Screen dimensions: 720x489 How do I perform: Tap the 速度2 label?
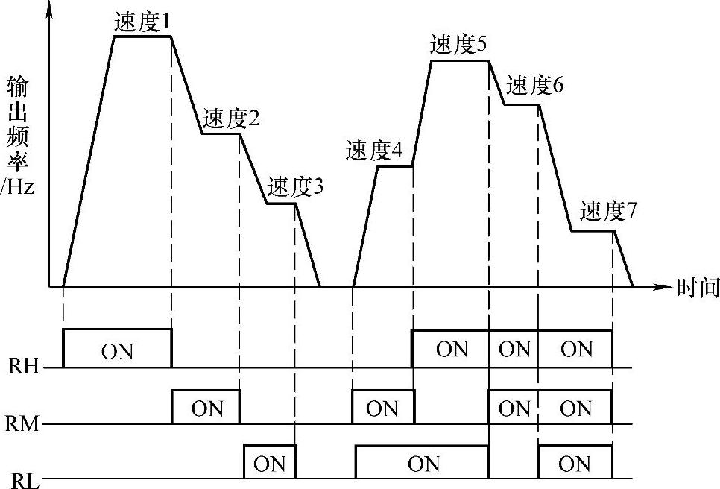[231, 118]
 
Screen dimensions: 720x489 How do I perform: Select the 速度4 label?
[374, 151]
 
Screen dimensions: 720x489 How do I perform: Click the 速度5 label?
[459, 45]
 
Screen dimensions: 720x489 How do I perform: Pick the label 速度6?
[535, 86]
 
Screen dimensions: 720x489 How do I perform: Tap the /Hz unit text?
[17, 188]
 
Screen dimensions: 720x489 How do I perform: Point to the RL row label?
[23, 480]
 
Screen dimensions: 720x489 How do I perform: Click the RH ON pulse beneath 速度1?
[117, 350]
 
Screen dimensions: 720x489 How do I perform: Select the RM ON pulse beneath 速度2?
[206, 408]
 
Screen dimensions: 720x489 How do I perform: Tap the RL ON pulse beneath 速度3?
[270, 464]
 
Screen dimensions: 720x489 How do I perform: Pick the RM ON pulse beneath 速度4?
[382, 408]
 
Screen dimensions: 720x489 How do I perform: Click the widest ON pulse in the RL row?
[423, 464]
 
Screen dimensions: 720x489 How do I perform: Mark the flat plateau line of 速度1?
[142, 36]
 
